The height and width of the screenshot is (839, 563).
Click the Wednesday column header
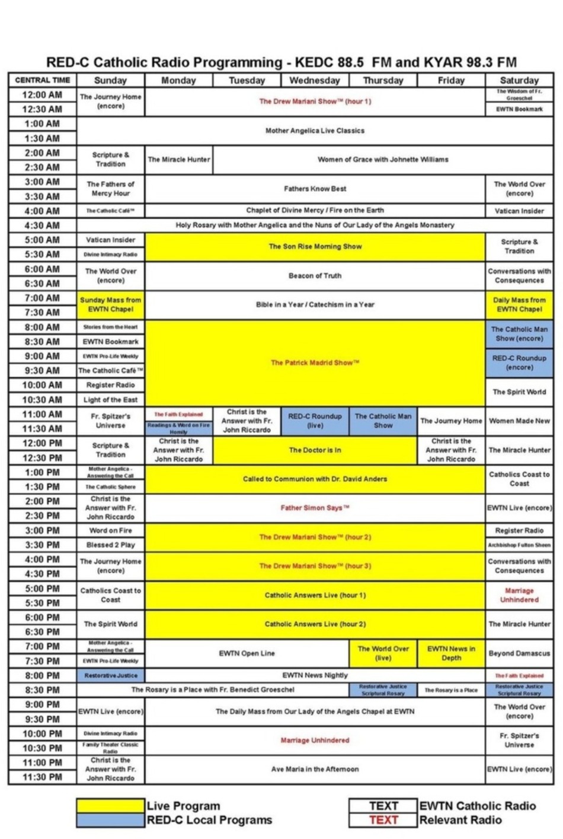pos(315,80)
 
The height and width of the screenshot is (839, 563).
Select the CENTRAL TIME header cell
pos(42,80)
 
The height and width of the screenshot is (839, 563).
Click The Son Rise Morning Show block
pos(315,246)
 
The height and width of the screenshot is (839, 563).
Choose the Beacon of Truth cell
pos(315,275)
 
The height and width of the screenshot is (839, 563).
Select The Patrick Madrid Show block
pos(315,363)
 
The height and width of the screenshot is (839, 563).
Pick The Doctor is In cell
pos(315,450)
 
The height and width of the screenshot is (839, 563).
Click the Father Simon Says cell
pos(315,508)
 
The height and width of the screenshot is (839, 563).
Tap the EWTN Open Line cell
pos(247,653)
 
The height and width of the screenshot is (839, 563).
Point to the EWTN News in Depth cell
pos(451,653)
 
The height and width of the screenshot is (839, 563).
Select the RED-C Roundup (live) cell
pos(315,421)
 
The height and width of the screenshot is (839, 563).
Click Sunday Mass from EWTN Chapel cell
pos(111,304)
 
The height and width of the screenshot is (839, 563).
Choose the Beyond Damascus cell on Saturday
pos(519,653)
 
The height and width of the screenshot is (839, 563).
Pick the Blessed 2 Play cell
pos(111,545)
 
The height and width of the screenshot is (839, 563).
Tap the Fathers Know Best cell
pos(315,189)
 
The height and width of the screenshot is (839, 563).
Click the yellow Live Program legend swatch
pos(111,806)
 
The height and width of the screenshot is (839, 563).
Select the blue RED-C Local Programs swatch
pos(111,820)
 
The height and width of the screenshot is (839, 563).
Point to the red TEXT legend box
pos(383,820)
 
